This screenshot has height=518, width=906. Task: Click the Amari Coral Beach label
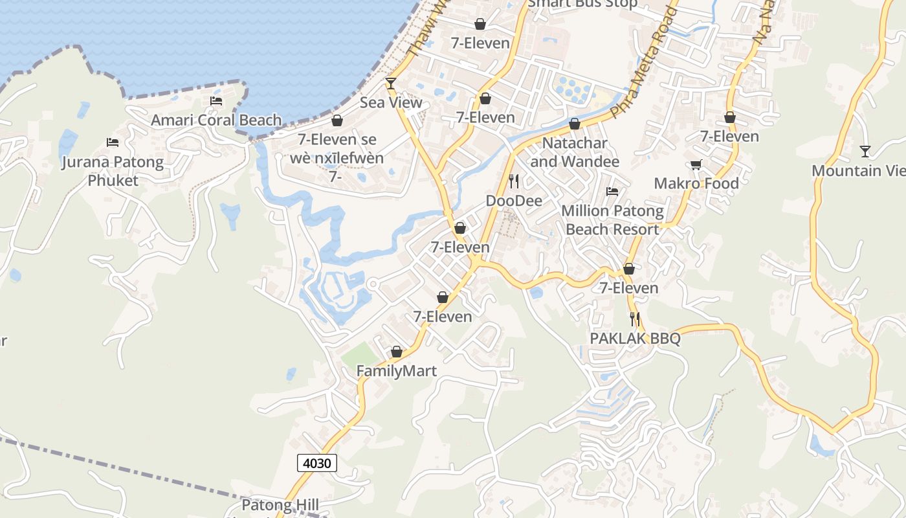[216, 120]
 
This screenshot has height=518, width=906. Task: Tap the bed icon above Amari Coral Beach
[216, 101]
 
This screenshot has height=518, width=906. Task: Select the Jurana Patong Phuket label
[113, 171]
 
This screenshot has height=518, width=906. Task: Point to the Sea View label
[391, 102]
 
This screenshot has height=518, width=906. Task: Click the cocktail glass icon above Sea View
[390, 83]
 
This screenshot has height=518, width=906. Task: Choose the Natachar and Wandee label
[575, 152]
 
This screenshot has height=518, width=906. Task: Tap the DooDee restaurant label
[514, 201]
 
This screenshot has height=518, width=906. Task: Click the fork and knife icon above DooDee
[514, 181]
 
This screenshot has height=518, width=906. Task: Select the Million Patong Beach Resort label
[612, 220]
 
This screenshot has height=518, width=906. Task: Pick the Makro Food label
[696, 183]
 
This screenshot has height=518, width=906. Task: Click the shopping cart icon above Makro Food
[696, 164]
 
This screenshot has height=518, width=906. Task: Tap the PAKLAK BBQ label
[635, 339]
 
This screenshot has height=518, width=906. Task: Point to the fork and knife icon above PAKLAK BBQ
[635, 319]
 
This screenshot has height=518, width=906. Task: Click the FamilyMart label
[397, 371]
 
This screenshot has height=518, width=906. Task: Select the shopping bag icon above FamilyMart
[397, 352]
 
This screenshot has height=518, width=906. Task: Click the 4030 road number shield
[317, 463]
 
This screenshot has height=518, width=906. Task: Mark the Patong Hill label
[280, 505]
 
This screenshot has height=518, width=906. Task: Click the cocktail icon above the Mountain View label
[865, 152]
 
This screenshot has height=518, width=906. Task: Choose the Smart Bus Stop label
[582, 4]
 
